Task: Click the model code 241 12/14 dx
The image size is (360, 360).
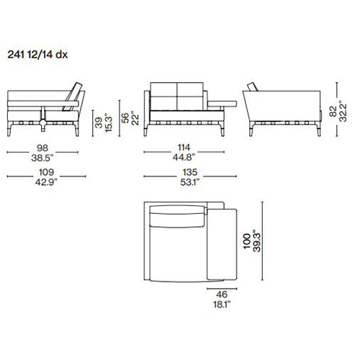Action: point(37,55)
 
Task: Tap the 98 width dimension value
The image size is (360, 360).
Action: point(42,148)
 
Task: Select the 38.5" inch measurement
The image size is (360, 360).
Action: point(42,158)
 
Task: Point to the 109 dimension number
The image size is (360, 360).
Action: point(46,172)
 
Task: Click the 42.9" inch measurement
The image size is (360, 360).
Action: point(46,182)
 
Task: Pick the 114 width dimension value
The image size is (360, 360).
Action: point(184,148)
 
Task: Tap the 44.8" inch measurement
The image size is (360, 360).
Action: point(184,158)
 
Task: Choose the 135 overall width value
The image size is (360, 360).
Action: point(190,172)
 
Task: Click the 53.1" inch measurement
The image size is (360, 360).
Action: point(190,182)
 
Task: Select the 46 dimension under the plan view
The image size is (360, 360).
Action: point(222,294)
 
